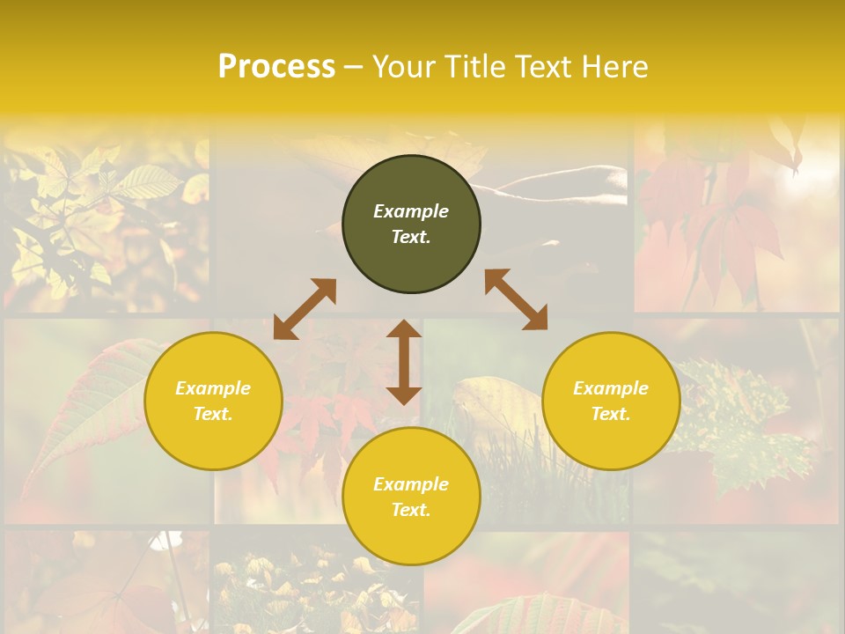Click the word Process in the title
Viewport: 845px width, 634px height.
276,67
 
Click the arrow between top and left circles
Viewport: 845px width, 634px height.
305,309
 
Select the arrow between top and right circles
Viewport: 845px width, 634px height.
517,299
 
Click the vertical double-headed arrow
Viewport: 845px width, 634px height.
404,362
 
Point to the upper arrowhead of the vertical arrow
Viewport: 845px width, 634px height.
404,328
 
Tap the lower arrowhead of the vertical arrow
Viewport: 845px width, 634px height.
404,395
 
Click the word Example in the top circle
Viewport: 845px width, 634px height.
411,211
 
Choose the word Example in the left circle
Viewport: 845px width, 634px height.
213,388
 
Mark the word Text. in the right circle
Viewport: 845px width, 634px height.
611,414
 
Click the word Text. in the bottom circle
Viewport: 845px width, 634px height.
411,510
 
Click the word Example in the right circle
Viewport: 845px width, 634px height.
611,388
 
